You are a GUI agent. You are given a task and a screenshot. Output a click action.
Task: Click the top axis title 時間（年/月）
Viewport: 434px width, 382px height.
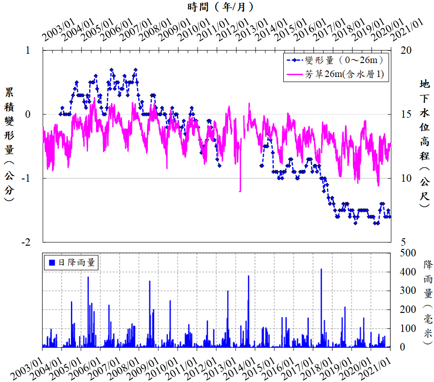pyautogui.click(x=217, y=6)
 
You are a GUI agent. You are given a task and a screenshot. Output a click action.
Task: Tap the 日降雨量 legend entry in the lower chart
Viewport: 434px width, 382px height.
pyautogui.click(x=72, y=262)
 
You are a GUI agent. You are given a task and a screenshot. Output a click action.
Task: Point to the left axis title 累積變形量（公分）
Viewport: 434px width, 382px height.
pyautogui.click(x=9, y=143)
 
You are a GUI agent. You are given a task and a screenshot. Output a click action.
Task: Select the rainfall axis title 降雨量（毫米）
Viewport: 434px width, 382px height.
pyautogui.click(x=428, y=301)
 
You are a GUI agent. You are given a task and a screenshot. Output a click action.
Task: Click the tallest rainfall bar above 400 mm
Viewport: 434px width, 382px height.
pyautogui.click(x=321, y=270)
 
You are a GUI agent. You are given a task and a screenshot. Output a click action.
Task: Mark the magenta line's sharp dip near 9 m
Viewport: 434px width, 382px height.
pyautogui.click(x=240, y=191)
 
